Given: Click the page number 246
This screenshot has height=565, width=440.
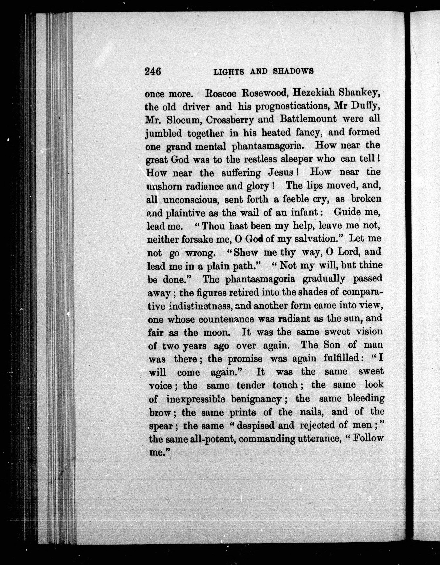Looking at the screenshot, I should coord(153,71).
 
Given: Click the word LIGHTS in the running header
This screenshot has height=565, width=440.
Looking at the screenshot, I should coord(228,71).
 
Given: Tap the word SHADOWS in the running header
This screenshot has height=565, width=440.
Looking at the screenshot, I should coord(293,71).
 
